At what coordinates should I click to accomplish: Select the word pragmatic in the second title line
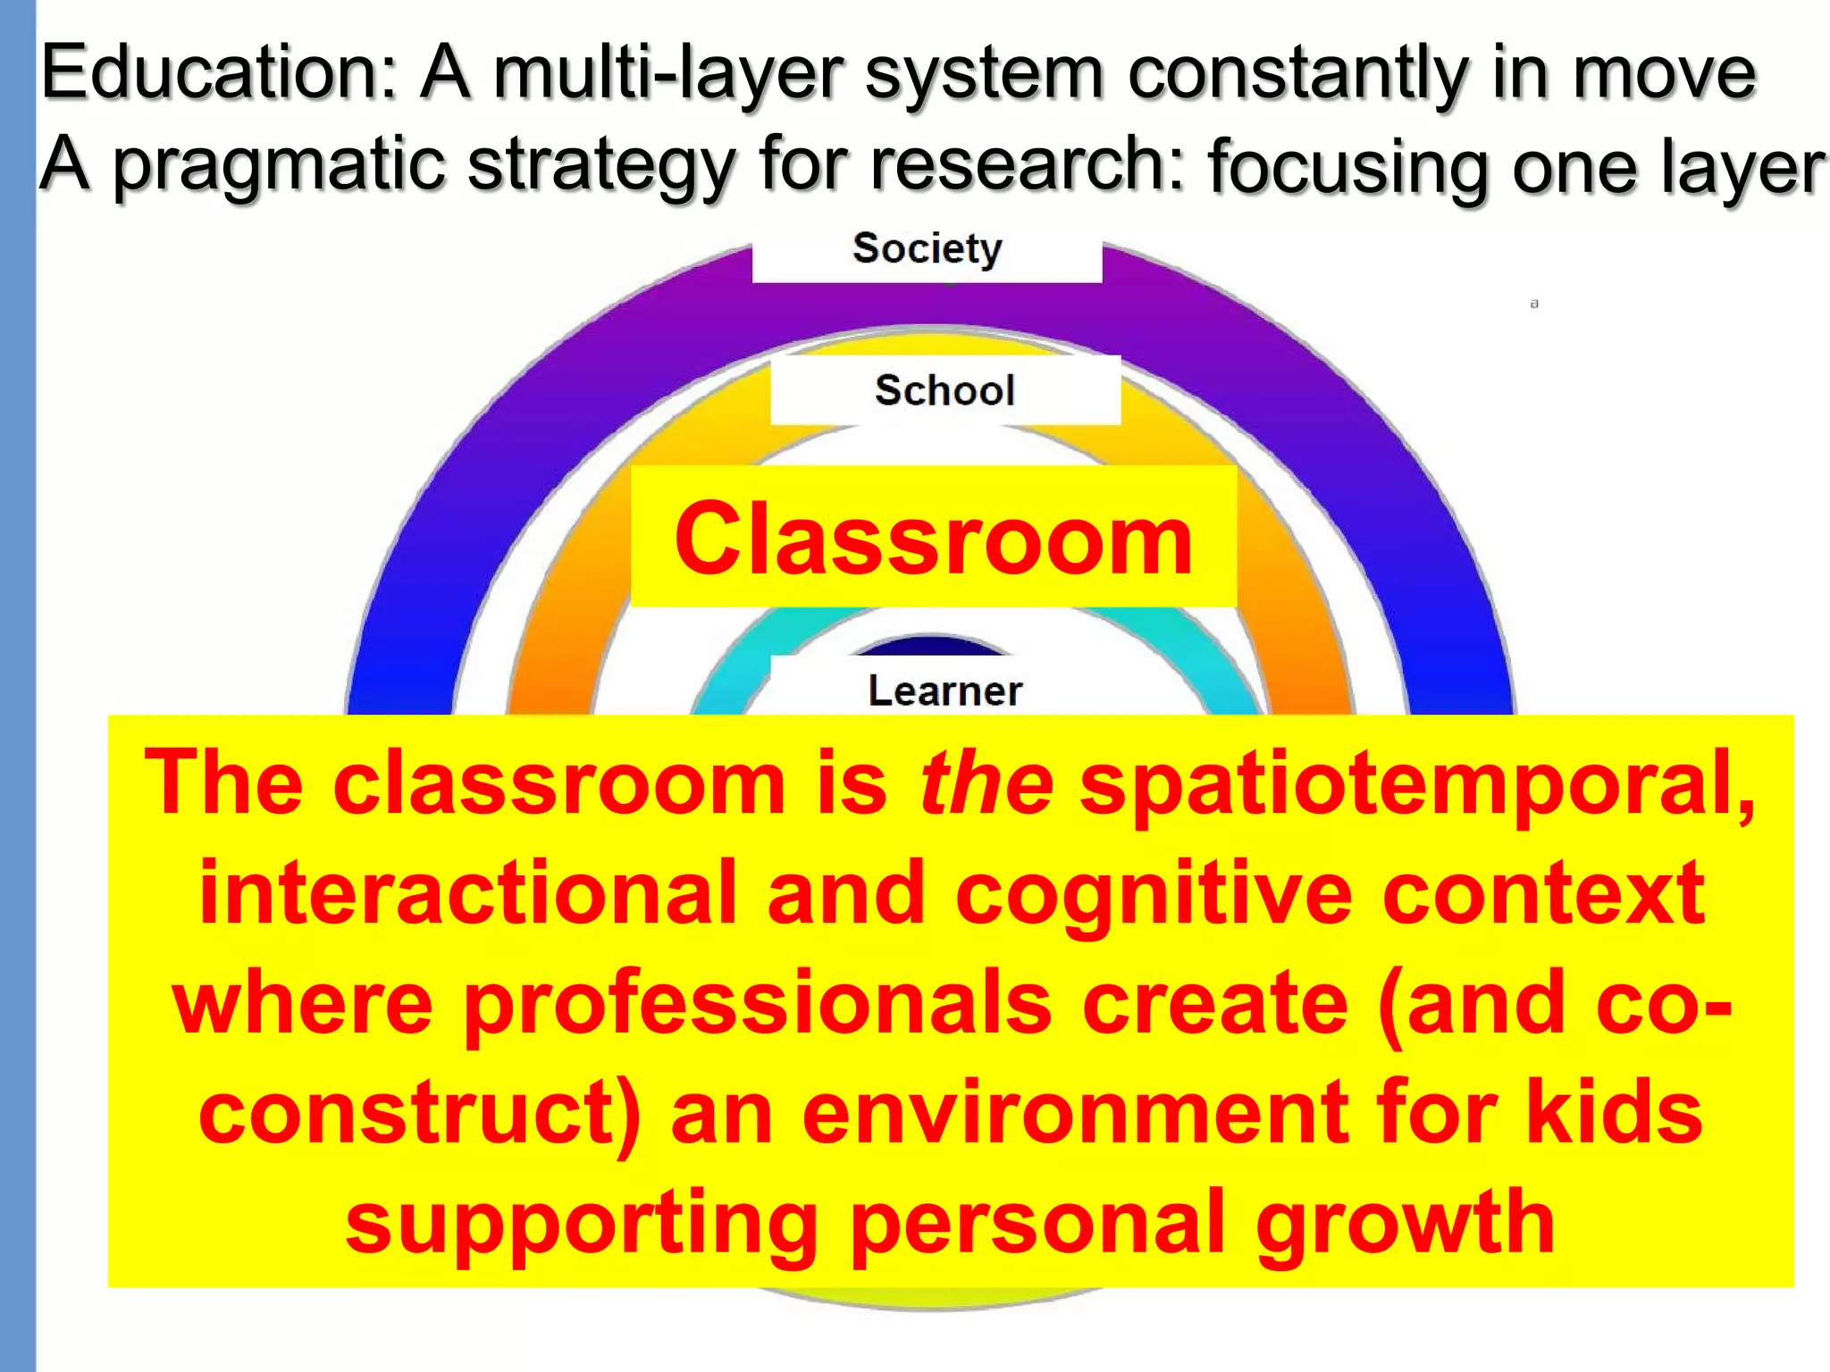pyautogui.click(x=278, y=165)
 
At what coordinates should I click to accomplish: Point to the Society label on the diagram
pyautogui.click(x=927, y=248)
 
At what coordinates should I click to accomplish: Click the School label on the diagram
pyautogui.click(x=944, y=390)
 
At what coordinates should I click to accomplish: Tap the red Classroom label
pyautogui.click(x=933, y=539)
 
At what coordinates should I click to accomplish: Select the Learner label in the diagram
pyautogui.click(x=944, y=690)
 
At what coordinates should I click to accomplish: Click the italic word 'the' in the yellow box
pyautogui.click(x=986, y=783)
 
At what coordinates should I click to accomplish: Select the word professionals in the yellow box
pyautogui.click(x=759, y=1005)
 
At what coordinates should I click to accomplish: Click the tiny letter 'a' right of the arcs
pyautogui.click(x=1534, y=305)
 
